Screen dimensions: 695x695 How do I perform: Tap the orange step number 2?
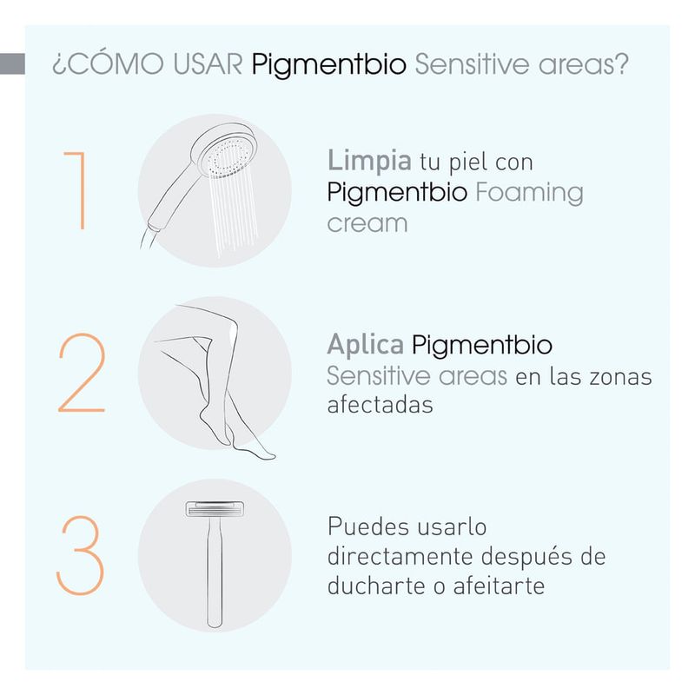(x=82, y=373)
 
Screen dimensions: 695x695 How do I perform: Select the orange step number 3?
(x=80, y=555)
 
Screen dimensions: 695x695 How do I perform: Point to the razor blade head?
(x=215, y=509)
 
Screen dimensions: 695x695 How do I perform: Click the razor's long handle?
(x=215, y=572)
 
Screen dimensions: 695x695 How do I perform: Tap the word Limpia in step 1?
(x=369, y=162)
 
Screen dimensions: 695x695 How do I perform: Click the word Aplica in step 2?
(x=366, y=345)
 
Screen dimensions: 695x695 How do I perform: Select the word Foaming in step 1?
(x=529, y=194)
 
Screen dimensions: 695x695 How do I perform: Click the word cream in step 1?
(x=367, y=224)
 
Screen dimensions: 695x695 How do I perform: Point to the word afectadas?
(x=380, y=405)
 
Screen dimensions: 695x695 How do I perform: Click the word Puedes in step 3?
(x=368, y=526)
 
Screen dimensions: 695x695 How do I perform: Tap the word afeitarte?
(x=499, y=586)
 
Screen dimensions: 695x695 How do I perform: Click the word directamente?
(x=400, y=556)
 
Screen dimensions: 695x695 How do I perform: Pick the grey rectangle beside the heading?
(x=12, y=63)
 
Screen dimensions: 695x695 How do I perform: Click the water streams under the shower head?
(x=233, y=213)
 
